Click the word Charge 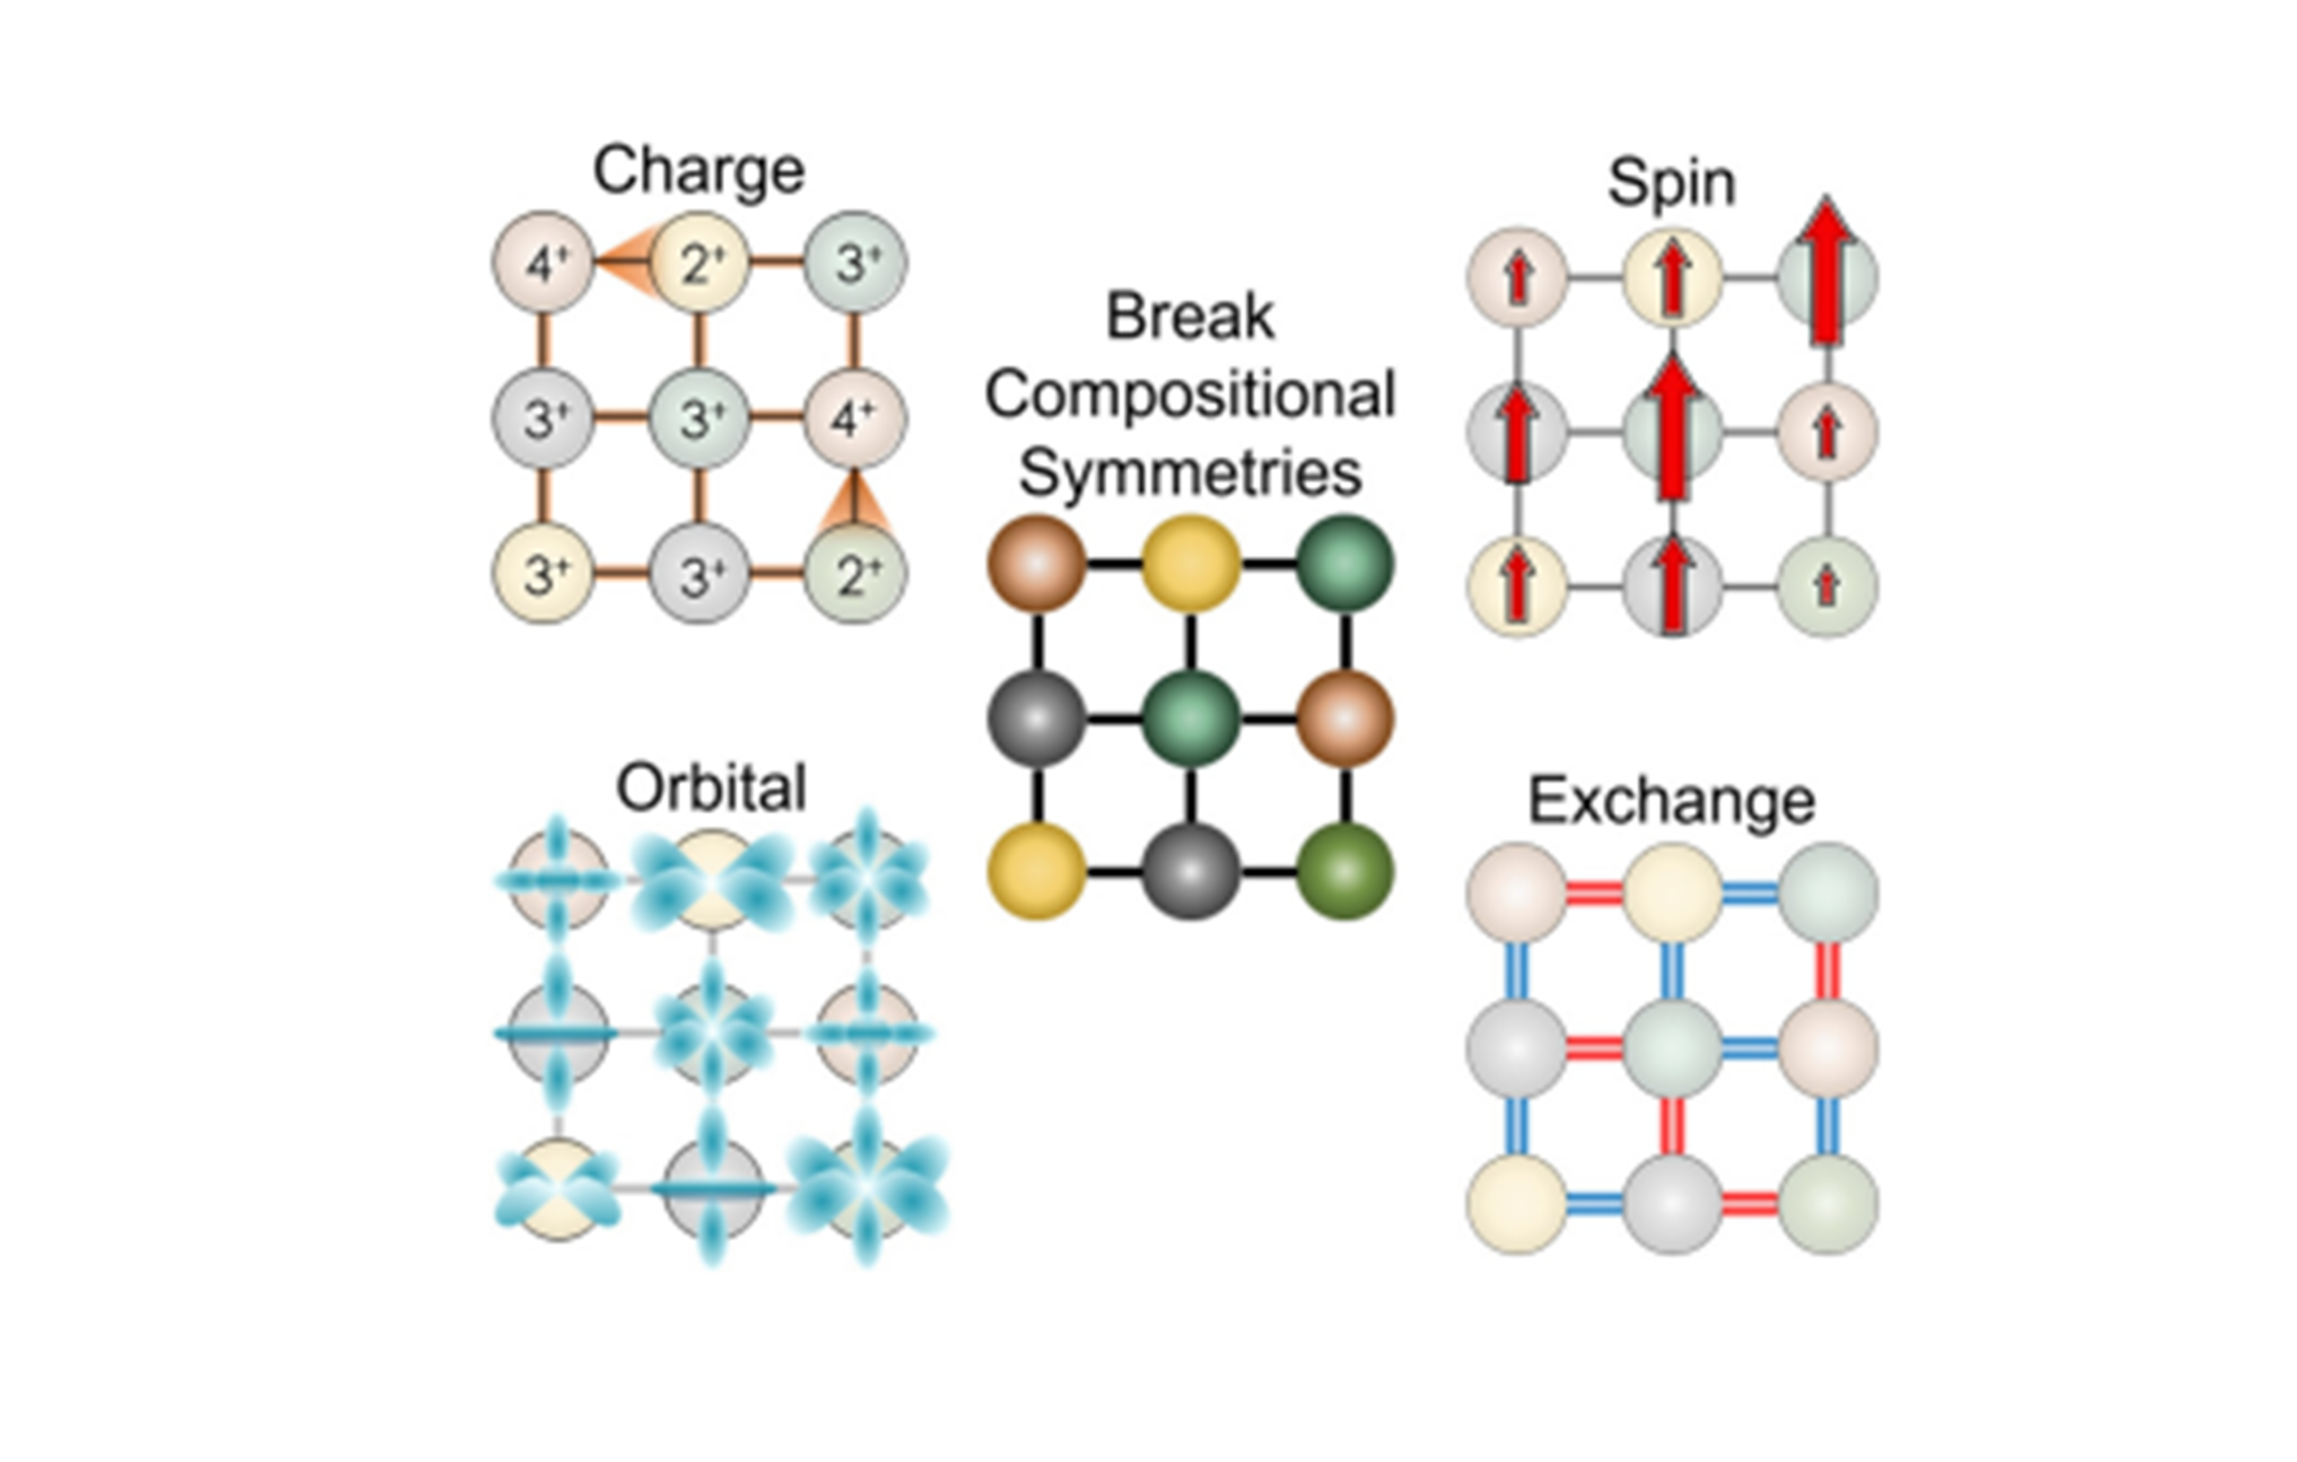698,171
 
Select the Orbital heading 712,787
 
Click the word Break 1190,316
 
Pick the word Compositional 1190,394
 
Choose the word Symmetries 1190,472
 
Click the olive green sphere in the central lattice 1345,871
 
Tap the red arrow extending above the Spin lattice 1826,272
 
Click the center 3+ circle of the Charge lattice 698,418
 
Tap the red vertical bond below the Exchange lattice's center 1672,1126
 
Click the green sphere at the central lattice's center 1191,718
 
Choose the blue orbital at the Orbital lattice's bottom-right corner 867,1188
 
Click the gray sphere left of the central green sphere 1036,718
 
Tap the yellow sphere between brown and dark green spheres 1191,563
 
